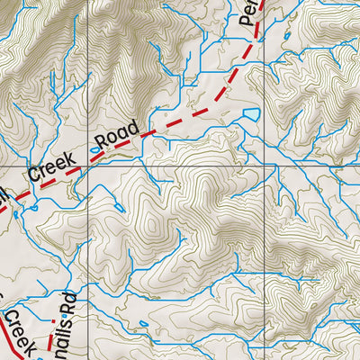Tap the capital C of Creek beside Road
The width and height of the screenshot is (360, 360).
pyautogui.click(x=33, y=174)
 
